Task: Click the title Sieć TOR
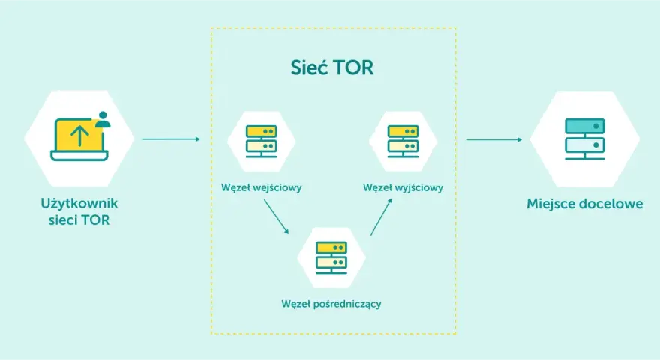pyautogui.click(x=331, y=67)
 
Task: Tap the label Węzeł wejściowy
pyautogui.click(x=262, y=187)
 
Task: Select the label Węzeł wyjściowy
pyautogui.click(x=403, y=187)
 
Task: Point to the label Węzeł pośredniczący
pyautogui.click(x=331, y=304)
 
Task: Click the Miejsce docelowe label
pyautogui.click(x=585, y=204)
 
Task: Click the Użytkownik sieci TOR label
pyautogui.click(x=79, y=211)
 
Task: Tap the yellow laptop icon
pyautogui.click(x=79, y=139)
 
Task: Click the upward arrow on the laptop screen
pyautogui.click(x=79, y=136)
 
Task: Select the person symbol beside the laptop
pyautogui.click(x=103, y=119)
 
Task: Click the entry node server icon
pyautogui.click(x=262, y=141)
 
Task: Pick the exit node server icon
pyautogui.click(x=403, y=141)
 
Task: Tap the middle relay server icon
pyautogui.click(x=331, y=257)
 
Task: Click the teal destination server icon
pyautogui.click(x=585, y=139)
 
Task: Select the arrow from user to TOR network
pyautogui.click(x=171, y=139)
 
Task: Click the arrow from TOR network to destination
pyautogui.click(x=493, y=139)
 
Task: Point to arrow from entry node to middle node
pyautogui.click(x=277, y=217)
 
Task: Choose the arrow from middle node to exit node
pyautogui.click(x=381, y=217)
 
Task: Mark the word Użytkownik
pyautogui.click(x=79, y=204)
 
